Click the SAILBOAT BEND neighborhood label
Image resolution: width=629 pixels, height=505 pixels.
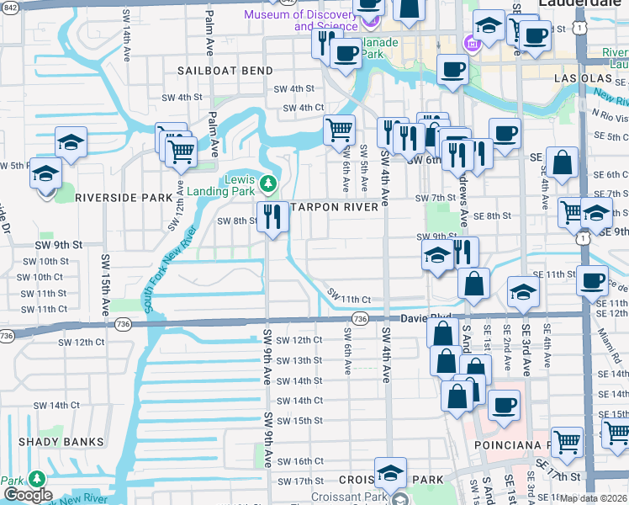[x=225, y=70]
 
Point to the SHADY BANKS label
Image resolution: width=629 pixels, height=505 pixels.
[x=65, y=441]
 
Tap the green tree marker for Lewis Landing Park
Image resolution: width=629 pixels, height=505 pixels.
[x=267, y=182]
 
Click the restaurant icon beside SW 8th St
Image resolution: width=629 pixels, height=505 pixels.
[x=272, y=217]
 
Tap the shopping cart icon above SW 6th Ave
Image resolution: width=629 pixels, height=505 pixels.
[x=339, y=130]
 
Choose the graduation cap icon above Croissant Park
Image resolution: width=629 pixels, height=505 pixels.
[x=390, y=473]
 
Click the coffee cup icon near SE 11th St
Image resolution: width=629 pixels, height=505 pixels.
[x=592, y=279]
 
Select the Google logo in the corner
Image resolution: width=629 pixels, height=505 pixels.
[x=28, y=496]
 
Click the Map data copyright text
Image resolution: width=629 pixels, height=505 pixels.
[x=594, y=498]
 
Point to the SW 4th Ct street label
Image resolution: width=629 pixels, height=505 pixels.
[x=303, y=108]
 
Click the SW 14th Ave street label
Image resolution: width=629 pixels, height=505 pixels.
[x=126, y=39]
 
